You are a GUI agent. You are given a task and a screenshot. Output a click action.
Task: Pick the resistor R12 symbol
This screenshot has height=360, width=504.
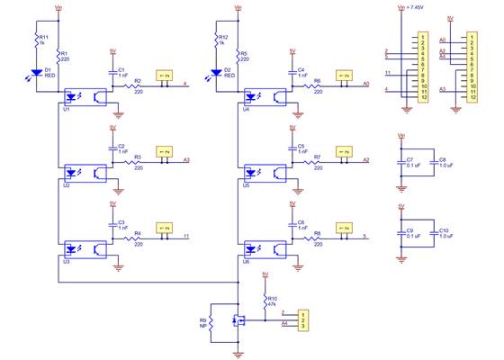(215, 42)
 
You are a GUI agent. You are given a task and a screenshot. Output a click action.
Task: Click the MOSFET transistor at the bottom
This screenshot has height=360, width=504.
(238, 319)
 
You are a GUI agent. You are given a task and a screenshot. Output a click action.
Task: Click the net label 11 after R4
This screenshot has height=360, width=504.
(186, 237)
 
